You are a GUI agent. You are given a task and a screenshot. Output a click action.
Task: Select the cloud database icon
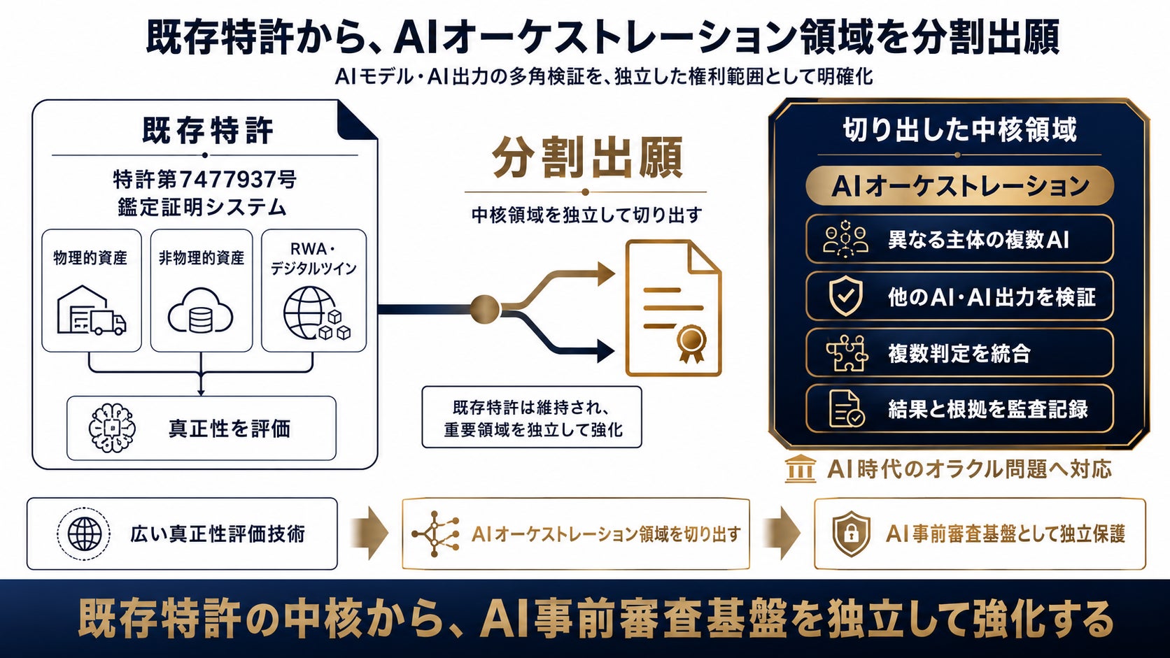point(201,311)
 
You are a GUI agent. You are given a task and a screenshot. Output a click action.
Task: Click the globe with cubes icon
point(316,313)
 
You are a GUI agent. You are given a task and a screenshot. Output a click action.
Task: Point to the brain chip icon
point(112,428)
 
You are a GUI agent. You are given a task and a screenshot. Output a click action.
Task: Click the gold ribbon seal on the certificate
point(691,343)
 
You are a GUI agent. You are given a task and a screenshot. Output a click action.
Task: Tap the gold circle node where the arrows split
point(485,309)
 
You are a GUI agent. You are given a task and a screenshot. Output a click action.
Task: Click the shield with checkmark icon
point(845,296)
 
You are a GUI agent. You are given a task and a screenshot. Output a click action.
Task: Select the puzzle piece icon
point(847,352)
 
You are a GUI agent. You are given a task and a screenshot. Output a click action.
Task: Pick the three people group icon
point(845,240)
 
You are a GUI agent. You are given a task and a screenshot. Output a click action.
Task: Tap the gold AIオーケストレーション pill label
point(959,186)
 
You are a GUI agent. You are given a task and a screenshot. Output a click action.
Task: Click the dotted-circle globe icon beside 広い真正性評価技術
point(84,534)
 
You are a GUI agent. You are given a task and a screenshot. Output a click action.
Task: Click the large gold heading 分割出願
point(587,157)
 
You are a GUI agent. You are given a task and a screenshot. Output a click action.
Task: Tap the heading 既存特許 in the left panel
point(208,130)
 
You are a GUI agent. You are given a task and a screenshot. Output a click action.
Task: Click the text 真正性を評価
point(230,429)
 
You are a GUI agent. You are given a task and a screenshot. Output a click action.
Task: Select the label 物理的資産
point(90,258)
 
